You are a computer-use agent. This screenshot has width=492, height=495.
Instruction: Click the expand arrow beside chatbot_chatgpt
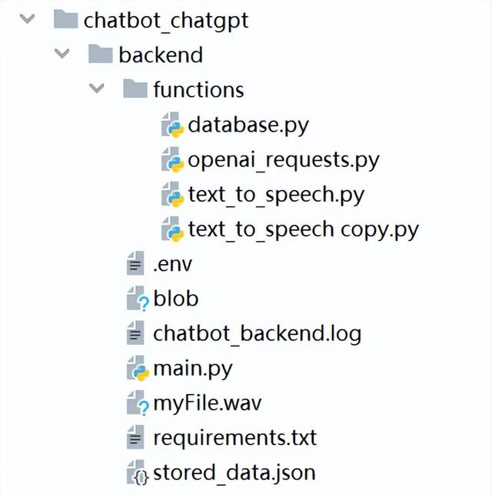point(27,18)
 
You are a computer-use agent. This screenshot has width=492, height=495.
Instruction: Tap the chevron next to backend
point(61,53)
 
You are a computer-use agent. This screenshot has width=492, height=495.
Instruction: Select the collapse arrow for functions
point(96,88)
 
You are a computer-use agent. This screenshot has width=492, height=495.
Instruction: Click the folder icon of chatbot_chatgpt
point(65,19)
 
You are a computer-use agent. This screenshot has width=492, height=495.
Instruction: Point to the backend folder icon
point(100,54)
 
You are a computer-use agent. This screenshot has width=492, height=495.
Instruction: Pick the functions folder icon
point(135,89)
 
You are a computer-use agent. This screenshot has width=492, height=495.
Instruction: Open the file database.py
point(248,125)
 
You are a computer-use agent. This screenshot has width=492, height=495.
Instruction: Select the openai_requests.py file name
point(284,160)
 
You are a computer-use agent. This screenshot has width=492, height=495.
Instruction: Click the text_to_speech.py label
point(277,195)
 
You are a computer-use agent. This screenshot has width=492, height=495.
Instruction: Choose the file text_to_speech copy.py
point(304,230)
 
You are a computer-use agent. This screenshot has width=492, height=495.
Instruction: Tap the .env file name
point(172,265)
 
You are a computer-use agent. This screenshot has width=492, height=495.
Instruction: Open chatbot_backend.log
point(258,334)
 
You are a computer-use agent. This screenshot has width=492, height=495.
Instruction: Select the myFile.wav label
point(208,403)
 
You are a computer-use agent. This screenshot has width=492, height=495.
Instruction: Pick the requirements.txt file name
point(234,438)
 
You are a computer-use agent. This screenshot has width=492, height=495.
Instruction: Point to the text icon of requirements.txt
point(135,437)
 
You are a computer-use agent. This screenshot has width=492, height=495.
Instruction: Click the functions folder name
point(198,89)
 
